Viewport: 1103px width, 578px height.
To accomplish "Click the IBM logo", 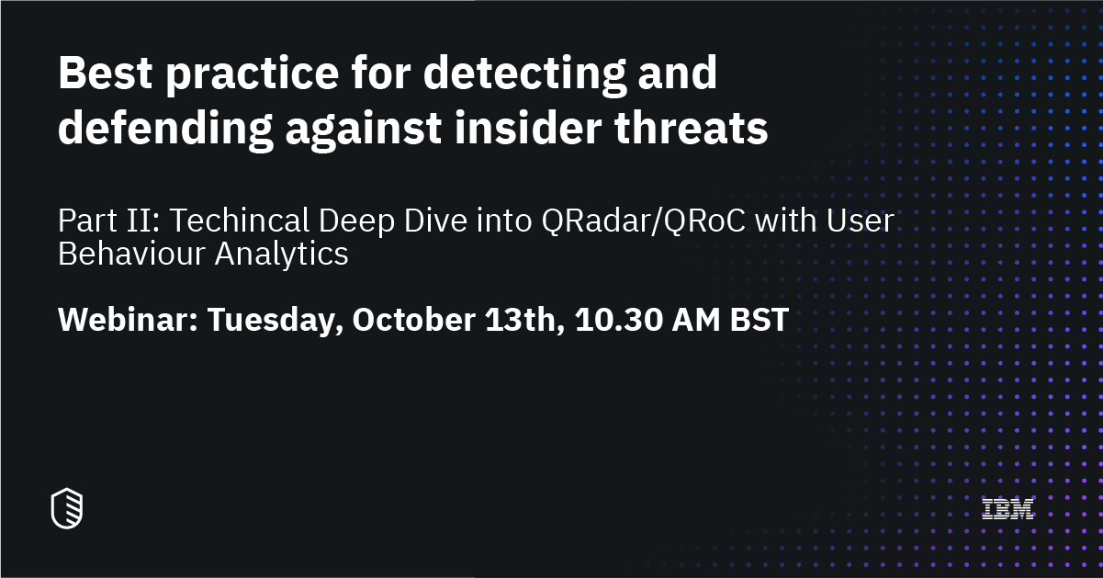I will point(1007,508).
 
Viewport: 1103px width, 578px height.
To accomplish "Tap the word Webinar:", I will point(126,320).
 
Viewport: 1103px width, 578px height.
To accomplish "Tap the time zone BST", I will point(760,320).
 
